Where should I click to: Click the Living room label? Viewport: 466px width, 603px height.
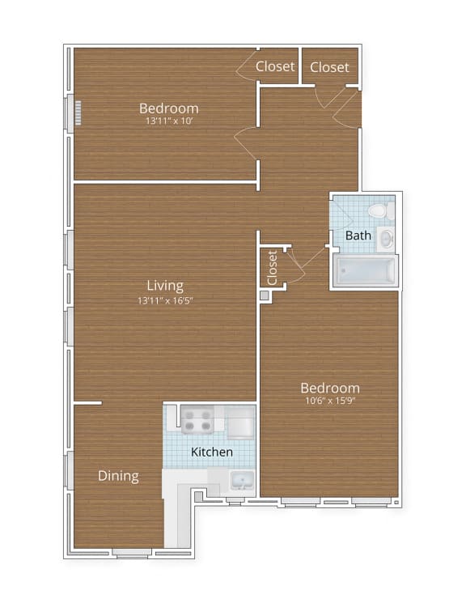point(165,285)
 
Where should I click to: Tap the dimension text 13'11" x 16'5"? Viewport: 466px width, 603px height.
point(165,300)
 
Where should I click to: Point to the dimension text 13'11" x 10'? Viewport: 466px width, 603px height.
point(168,121)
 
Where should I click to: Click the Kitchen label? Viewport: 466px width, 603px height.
point(212,452)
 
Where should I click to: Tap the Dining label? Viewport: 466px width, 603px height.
point(118,476)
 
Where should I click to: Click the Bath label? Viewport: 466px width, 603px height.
point(358,236)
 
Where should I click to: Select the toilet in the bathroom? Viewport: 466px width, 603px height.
point(379,211)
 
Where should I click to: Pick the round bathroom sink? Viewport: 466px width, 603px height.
point(386,238)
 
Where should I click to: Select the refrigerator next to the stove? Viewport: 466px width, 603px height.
point(241,422)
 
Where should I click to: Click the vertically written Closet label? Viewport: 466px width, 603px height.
point(273,266)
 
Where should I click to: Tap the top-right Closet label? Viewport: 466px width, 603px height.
point(329,66)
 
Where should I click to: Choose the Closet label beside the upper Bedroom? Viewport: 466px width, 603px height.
point(275,66)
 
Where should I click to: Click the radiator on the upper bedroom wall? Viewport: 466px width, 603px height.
point(78,111)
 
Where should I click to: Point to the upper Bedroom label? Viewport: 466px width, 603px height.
point(168,108)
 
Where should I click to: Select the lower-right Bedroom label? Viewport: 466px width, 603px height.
point(329,388)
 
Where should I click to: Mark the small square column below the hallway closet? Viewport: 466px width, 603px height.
point(265,296)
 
